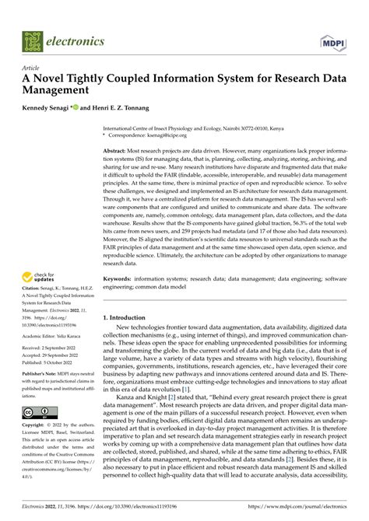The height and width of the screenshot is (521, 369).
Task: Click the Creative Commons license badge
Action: click(x=37, y=411)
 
